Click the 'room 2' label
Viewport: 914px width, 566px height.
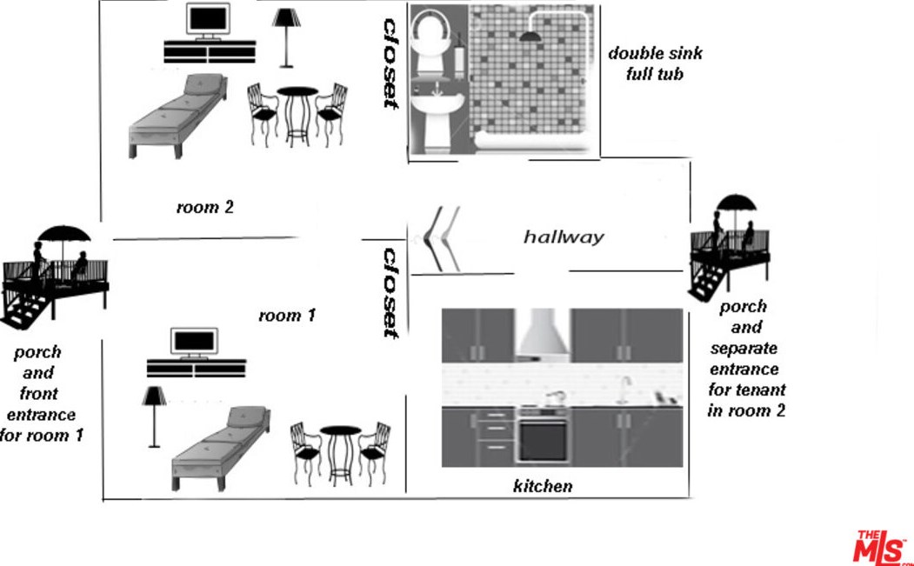coord(204,208)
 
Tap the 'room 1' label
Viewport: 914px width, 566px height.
coord(286,316)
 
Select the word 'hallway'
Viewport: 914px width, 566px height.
coord(564,236)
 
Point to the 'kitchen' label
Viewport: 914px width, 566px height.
coord(543,486)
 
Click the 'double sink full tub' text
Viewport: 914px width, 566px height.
coord(655,63)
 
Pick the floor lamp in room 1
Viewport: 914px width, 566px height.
coord(155,414)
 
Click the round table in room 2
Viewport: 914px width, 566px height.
coord(297,113)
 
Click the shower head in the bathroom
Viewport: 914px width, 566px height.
coord(527,37)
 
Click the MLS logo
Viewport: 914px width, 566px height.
coord(880,548)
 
